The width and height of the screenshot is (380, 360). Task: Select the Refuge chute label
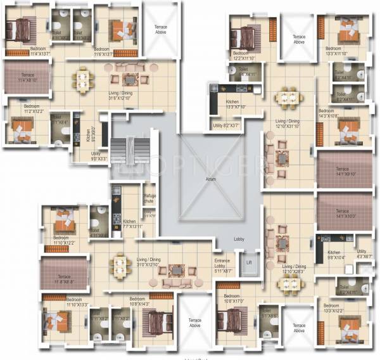click(x=149, y=200)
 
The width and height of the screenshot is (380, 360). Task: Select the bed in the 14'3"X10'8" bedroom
click(x=346, y=130)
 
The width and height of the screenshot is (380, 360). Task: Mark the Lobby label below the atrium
click(x=238, y=239)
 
